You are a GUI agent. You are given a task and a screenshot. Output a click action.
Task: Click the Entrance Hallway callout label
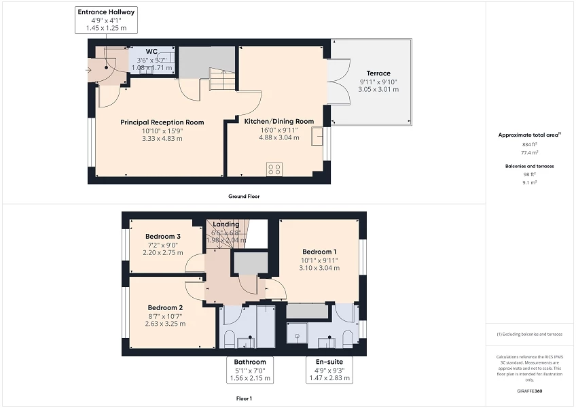[106, 12]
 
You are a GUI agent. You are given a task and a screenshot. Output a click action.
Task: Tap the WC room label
[151, 51]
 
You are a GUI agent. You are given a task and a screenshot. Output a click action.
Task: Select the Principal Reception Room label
[162, 122]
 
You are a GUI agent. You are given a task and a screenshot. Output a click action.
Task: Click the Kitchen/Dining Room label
[278, 121]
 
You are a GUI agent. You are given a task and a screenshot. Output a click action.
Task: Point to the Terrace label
[378, 73]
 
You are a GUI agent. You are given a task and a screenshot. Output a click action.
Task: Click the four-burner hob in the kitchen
[275, 170]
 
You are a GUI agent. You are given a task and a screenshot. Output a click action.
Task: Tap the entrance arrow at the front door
[90, 69]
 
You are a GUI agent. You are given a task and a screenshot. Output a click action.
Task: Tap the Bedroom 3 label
[163, 237]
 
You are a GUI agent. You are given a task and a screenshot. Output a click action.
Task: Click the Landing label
[226, 224]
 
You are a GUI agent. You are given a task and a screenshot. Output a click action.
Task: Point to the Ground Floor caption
[244, 196]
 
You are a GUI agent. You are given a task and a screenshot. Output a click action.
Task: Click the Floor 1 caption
[244, 398]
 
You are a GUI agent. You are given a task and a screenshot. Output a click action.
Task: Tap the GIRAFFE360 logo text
[529, 391]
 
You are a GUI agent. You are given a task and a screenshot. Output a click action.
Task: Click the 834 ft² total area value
[529, 145]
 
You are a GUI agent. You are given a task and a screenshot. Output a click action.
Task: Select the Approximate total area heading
[529, 135]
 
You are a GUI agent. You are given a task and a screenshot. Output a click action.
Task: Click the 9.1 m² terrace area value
[529, 182]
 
